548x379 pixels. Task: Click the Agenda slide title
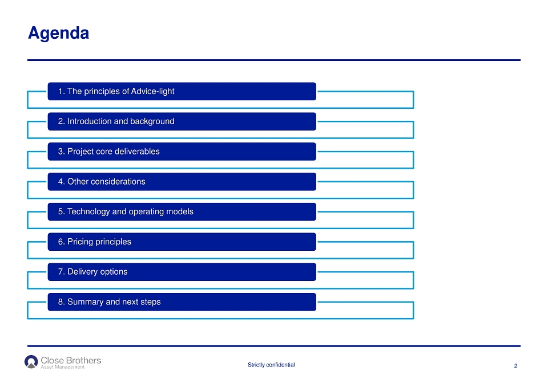58,34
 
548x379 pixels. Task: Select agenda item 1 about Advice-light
182,91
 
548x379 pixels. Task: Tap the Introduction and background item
182,121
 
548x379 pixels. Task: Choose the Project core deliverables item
182,152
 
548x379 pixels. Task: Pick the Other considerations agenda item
182,181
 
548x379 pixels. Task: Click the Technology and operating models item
182,212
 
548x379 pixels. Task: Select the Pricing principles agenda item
182,242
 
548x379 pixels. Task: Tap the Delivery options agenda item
182,272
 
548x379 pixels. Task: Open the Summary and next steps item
182,302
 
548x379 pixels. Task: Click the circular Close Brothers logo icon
31,362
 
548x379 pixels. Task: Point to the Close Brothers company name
71,360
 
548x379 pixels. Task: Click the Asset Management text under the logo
63,367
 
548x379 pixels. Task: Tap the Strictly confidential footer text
271,365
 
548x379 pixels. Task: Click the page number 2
515,366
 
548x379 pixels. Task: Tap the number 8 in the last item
61,302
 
